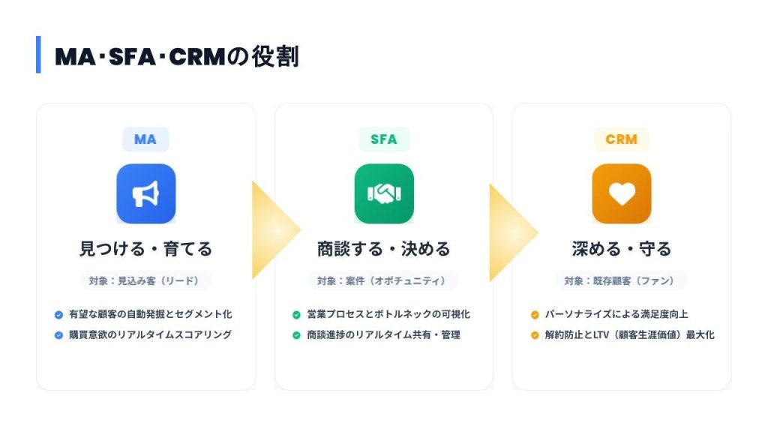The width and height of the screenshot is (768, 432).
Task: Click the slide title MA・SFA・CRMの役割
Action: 177,56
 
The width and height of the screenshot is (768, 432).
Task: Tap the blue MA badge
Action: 145,139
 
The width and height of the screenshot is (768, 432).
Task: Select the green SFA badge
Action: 383,139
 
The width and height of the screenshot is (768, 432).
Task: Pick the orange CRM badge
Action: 621,139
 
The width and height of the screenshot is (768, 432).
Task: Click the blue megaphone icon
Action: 145,193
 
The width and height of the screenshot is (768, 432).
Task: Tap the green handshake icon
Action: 383,193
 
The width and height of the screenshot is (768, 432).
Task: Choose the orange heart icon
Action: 621,193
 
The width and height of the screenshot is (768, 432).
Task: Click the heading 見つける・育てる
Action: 145,248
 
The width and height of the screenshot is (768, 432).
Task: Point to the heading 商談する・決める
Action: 383,248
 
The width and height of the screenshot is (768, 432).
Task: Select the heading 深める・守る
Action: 621,248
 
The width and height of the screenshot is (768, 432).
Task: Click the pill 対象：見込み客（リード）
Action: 145,280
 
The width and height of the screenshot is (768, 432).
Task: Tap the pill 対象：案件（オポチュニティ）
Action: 383,280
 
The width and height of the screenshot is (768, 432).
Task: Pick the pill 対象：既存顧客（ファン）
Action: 621,280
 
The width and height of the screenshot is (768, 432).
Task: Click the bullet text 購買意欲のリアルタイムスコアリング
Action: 150,335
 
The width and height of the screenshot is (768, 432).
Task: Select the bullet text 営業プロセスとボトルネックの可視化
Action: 388,315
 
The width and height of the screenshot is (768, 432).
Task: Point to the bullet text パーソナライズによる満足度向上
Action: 616,315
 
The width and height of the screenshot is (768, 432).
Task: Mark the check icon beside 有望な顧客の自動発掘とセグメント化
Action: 58,315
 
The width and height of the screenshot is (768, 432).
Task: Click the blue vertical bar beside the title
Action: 38,55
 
